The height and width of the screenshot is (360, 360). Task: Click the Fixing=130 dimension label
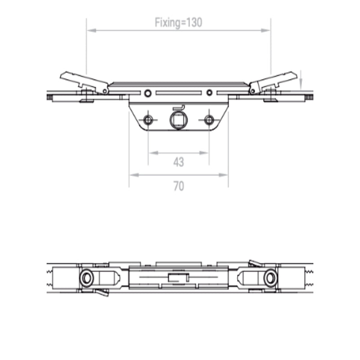tap(178, 22)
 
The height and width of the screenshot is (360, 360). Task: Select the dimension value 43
tap(179, 162)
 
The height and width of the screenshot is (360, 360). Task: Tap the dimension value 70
tap(179, 186)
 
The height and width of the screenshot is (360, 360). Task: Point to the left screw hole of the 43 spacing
tap(148, 120)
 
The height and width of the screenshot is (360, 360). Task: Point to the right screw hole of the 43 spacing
tap(209, 120)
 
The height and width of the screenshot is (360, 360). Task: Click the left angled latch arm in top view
tap(83, 82)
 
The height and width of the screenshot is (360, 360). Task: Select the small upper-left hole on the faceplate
tap(148, 93)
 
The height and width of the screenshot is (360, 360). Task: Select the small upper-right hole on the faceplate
tap(209, 93)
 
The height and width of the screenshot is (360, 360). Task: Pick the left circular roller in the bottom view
tap(86, 278)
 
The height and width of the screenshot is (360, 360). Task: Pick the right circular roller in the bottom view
tap(270, 278)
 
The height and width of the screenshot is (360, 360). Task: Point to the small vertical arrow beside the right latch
tap(301, 81)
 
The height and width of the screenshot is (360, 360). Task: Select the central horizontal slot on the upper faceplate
tap(179, 93)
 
